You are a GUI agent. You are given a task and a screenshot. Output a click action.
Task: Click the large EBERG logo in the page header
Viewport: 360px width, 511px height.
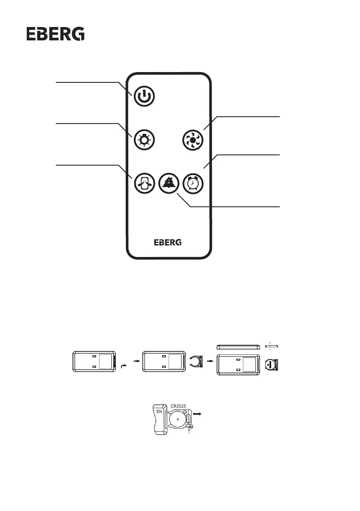pos(56,34)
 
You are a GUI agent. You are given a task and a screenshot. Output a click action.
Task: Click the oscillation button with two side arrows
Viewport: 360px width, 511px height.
pos(144,183)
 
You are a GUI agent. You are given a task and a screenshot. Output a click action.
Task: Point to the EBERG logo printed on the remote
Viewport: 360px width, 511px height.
pos(168,242)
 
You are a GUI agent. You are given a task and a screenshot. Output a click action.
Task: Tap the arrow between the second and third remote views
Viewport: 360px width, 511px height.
pos(210,361)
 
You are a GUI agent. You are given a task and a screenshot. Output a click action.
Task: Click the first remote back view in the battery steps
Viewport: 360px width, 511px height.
pos(95,362)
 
